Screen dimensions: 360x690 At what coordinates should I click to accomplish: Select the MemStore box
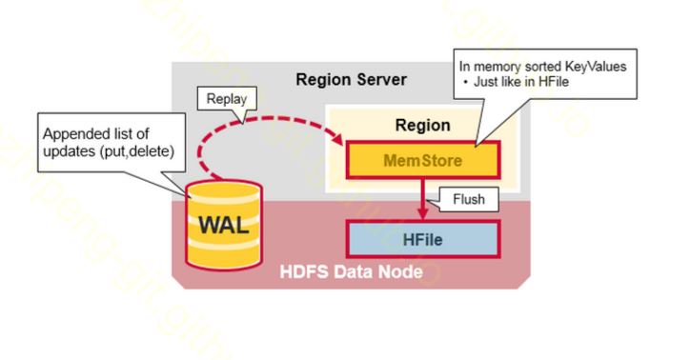(422, 161)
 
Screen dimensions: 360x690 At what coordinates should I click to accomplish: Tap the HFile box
(422, 237)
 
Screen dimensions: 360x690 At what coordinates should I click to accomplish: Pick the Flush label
(464, 201)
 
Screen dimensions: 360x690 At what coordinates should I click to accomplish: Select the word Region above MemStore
(422, 125)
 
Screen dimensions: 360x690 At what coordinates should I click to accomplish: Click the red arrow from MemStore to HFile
(423, 198)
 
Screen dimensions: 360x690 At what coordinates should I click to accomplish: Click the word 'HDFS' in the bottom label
(303, 272)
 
